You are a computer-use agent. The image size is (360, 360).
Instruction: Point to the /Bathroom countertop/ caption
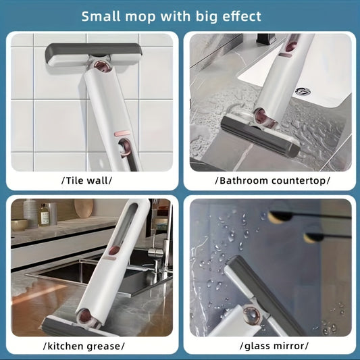272,180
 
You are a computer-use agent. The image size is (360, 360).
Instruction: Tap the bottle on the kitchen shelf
44,214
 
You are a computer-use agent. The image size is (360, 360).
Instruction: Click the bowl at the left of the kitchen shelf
18,224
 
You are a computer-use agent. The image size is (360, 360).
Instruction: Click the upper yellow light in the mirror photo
277,215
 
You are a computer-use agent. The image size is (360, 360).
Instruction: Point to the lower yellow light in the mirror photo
312,238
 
